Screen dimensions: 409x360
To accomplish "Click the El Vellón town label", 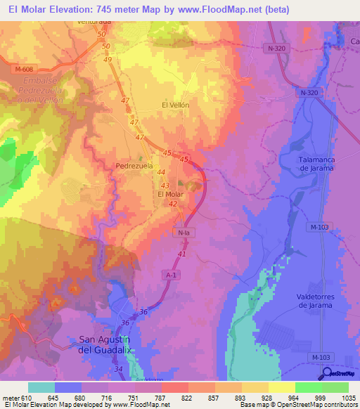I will pyautogui.click(x=175, y=105).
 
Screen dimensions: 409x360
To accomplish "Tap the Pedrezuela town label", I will pyautogui.click(x=134, y=166).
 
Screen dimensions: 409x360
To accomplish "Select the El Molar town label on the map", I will pyautogui.click(x=170, y=194).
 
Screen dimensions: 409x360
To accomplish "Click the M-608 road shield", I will pyautogui.click(x=24, y=69).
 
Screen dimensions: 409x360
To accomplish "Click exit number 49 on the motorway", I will pyautogui.click(x=108, y=60).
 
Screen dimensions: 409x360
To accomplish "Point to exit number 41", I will pyautogui.click(x=182, y=253).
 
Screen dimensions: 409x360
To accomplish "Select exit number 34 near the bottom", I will pyautogui.click(x=117, y=368).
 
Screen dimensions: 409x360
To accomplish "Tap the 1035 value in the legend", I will pyautogui.click(x=349, y=398).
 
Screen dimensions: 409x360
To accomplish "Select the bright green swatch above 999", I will pyautogui.click(x=308, y=387).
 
